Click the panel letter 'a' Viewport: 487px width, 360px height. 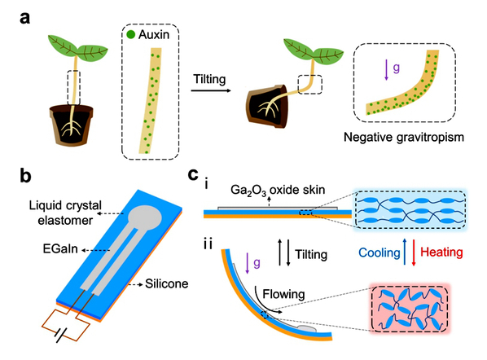click(x=25, y=18)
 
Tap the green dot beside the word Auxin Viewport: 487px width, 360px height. click(x=131, y=34)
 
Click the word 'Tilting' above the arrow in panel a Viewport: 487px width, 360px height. click(x=209, y=79)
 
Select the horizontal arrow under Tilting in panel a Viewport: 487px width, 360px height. click(x=211, y=90)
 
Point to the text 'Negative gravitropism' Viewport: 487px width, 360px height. click(x=404, y=137)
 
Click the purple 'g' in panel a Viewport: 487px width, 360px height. click(x=396, y=68)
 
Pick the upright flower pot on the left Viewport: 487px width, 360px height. click(x=72, y=125)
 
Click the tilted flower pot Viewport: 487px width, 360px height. click(x=267, y=107)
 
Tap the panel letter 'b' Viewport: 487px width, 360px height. click(x=25, y=176)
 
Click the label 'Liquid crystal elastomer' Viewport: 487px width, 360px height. click(x=65, y=213)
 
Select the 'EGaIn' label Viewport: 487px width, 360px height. click(x=60, y=248)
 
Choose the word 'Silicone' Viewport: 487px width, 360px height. click(x=167, y=283)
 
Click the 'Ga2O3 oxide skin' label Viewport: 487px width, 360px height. click(x=278, y=190)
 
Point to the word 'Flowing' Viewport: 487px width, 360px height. click(x=283, y=294)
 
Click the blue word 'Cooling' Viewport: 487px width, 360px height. click(x=380, y=252)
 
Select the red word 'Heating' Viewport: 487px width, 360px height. click(x=441, y=252)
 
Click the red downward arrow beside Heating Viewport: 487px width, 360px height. click(x=414, y=252)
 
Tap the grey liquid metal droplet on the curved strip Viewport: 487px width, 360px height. click(x=306, y=328)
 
